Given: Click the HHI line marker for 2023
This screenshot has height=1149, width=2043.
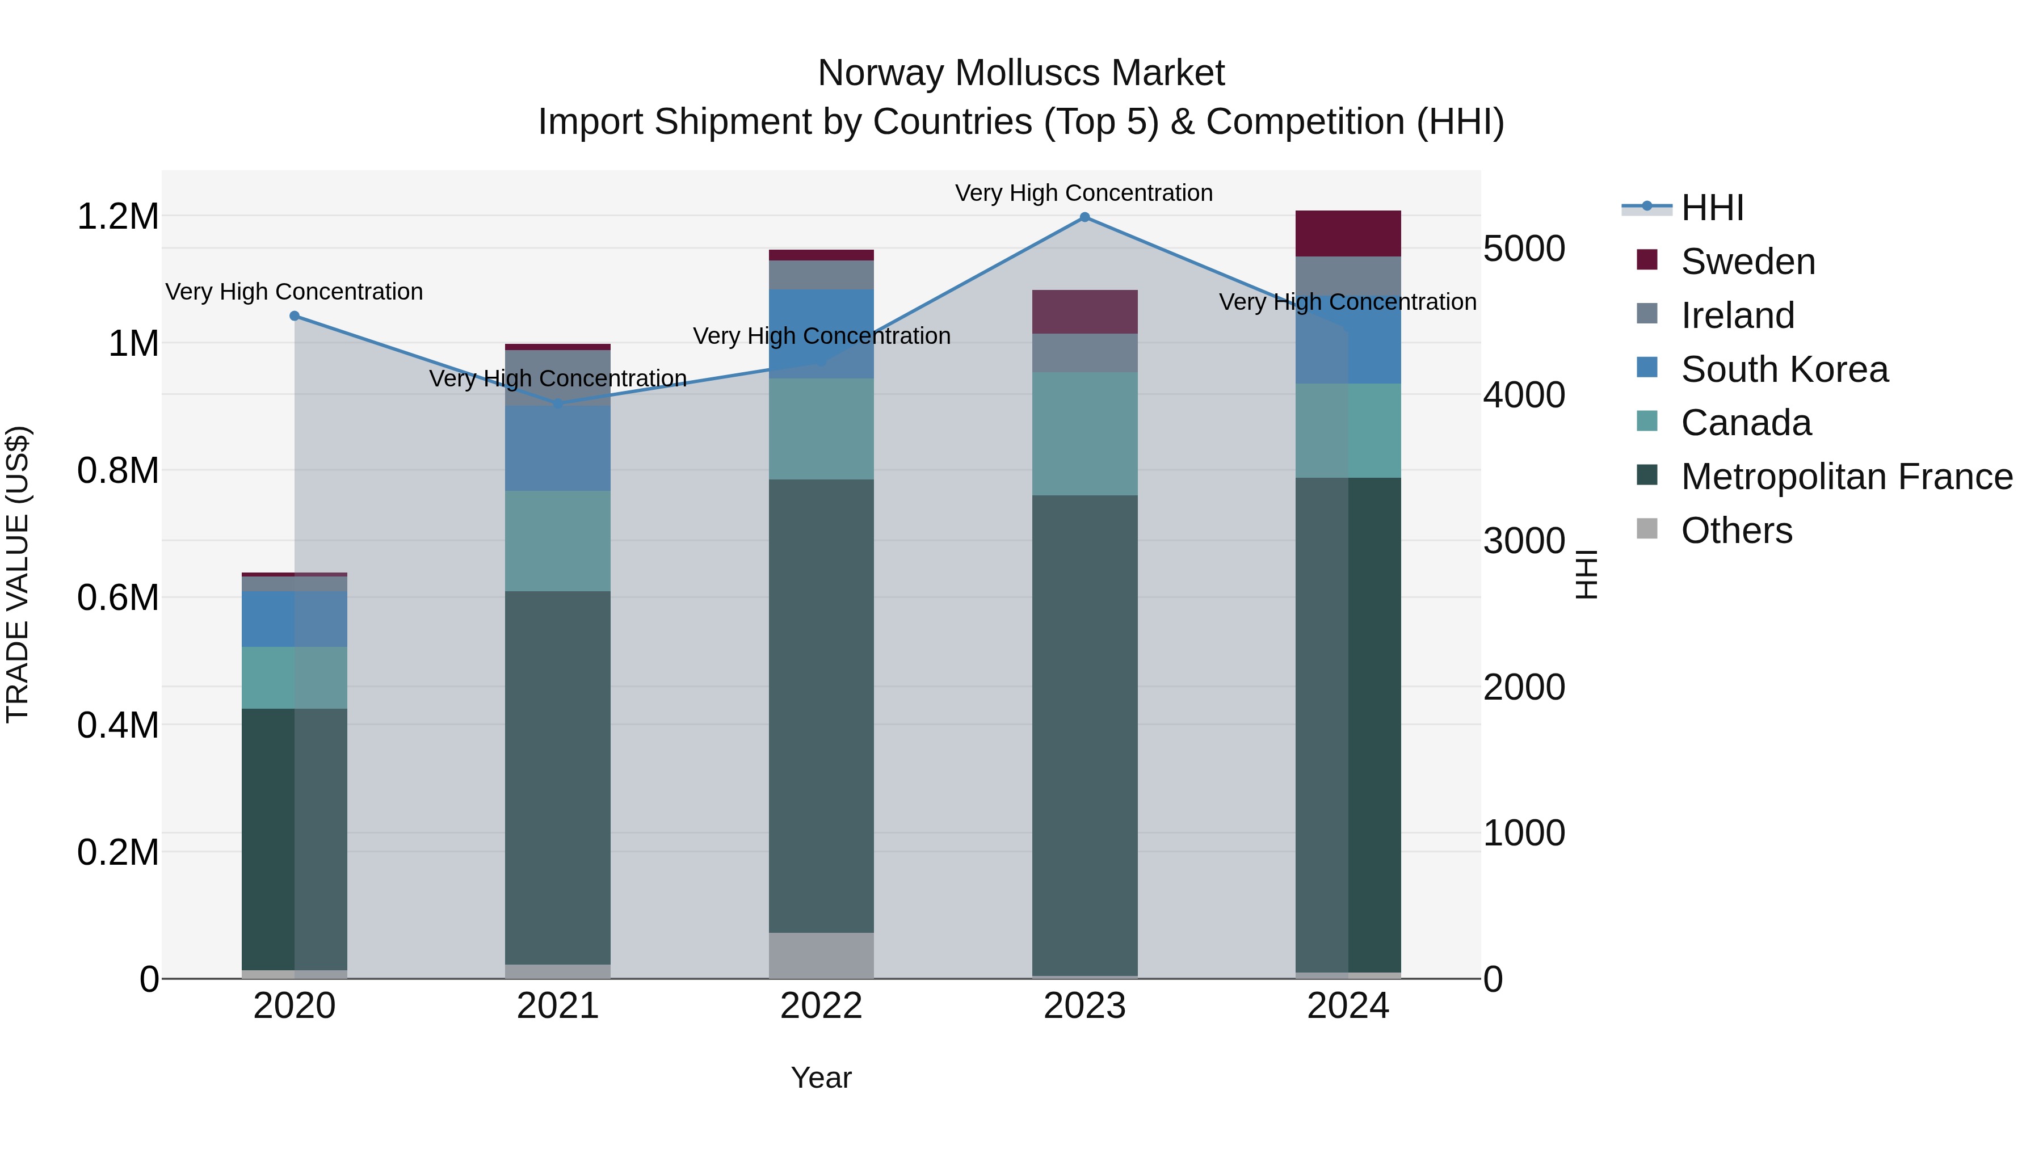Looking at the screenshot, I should [x=1084, y=217].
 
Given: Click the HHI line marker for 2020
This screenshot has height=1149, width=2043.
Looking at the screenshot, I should [x=294, y=315].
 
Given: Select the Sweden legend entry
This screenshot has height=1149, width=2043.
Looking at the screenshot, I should [x=1747, y=262].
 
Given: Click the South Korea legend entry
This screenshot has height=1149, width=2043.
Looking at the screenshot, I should [x=1784, y=369].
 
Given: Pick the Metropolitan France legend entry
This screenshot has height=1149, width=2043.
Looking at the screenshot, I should [x=1846, y=477].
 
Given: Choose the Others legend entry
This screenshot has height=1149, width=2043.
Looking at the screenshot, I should [x=1736, y=531].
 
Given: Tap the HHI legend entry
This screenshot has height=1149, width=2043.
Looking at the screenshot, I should [x=1712, y=208].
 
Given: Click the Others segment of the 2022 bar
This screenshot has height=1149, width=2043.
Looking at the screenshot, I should [x=821, y=955].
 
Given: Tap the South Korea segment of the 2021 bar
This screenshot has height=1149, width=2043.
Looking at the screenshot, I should [x=557, y=448].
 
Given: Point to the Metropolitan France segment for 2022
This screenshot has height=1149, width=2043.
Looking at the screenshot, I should [x=821, y=706].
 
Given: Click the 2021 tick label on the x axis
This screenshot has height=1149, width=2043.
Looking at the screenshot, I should [x=557, y=1006].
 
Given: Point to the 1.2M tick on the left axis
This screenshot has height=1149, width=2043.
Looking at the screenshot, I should [x=117, y=217].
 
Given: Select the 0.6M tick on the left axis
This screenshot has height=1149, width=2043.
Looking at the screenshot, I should [x=117, y=598].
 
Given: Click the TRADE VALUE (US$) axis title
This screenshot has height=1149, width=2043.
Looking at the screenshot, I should [x=18, y=574].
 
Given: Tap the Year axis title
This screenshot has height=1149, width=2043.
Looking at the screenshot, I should [x=821, y=1078].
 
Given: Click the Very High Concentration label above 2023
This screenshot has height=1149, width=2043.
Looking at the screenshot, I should [x=1083, y=193].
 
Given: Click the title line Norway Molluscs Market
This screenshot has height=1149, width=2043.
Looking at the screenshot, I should [x=1021, y=73].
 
